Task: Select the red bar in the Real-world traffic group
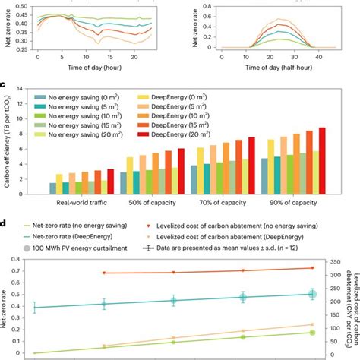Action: pyautogui.click(x=110, y=181)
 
